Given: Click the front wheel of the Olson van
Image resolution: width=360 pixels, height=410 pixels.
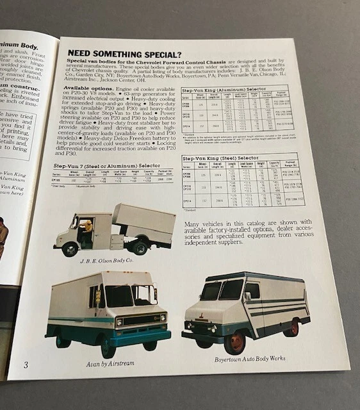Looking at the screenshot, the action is point(70,249).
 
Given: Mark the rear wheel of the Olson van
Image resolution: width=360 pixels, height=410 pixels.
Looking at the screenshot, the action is point(139,247).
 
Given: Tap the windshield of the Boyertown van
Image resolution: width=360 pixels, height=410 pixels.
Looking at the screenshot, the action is point(222,290).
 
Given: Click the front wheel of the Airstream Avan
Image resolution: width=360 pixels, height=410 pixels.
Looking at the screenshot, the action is point(108,346).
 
